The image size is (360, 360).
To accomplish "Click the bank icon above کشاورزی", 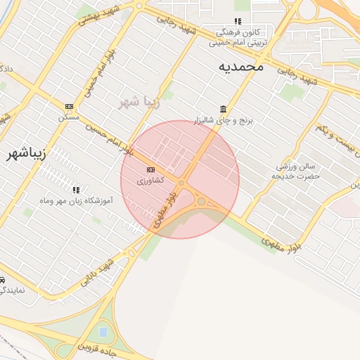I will click(x=150, y=170).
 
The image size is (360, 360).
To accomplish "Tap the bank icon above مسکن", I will click(x=69, y=106).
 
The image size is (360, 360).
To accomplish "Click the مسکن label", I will click(x=69, y=116).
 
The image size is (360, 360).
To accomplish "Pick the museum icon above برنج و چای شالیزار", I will click(x=224, y=109).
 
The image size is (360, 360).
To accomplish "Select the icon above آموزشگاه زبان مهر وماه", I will click(x=76, y=190).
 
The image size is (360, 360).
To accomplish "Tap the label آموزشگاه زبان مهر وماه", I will click(x=75, y=201).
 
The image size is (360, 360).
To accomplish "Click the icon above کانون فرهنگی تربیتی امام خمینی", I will click(x=238, y=21).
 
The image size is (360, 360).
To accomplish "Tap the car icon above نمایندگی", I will click(x=2, y=279).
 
